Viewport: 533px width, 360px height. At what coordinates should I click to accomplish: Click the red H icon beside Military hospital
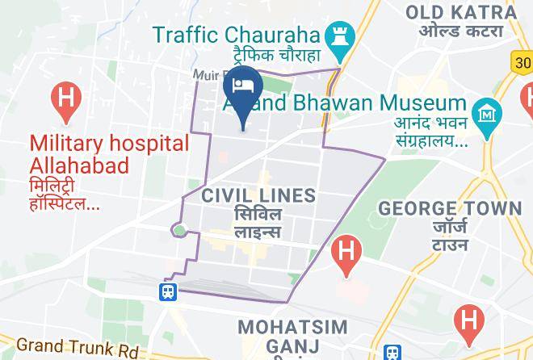click(65, 100)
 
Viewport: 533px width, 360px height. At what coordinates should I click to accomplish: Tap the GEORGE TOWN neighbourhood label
click(450, 208)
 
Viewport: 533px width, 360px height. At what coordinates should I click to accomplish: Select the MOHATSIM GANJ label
click(292, 337)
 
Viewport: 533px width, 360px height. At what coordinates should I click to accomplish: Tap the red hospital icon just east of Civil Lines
click(346, 249)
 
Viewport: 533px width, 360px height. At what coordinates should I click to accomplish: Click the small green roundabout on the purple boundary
click(179, 232)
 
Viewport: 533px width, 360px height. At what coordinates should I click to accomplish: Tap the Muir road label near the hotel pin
click(206, 75)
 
